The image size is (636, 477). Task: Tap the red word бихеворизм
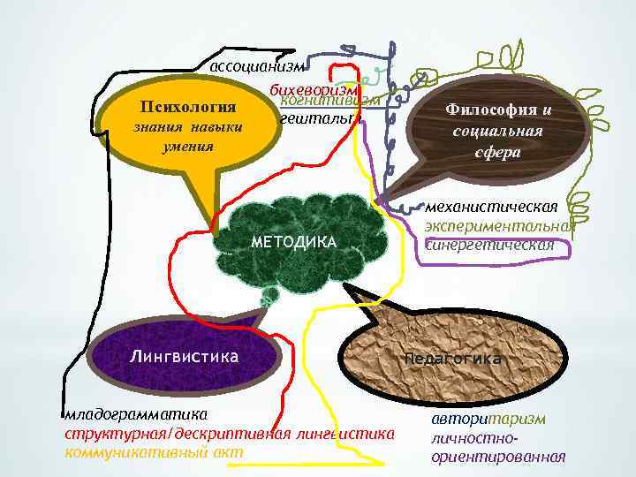click(314, 89)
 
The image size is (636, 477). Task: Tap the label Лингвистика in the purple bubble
click(184, 357)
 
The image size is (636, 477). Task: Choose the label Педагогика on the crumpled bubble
click(453, 359)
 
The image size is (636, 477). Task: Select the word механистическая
click(491, 207)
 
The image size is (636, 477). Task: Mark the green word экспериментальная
click(499, 226)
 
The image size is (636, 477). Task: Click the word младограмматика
click(134, 414)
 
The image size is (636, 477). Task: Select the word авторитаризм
click(488, 418)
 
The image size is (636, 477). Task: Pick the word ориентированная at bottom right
click(498, 457)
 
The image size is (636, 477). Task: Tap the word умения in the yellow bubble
click(187, 146)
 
